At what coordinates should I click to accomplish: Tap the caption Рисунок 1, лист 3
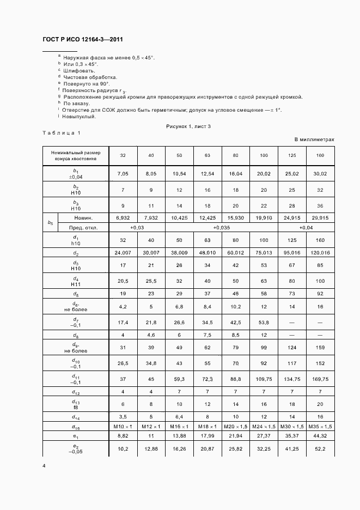pyautogui.click(x=188, y=126)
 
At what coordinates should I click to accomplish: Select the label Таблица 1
pyautogui.click(x=61, y=133)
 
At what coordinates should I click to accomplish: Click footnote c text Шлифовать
pyautogui.click(x=79, y=71)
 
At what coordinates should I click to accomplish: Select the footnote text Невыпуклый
pyautogui.click(x=80, y=116)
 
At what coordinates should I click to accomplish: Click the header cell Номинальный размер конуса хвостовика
pyautogui.click(x=75, y=156)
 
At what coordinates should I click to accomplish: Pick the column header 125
pyautogui.click(x=292, y=156)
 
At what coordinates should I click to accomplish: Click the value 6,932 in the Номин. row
pyautogui.click(x=123, y=218)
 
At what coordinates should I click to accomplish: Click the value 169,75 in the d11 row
pyautogui.click(x=320, y=379)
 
